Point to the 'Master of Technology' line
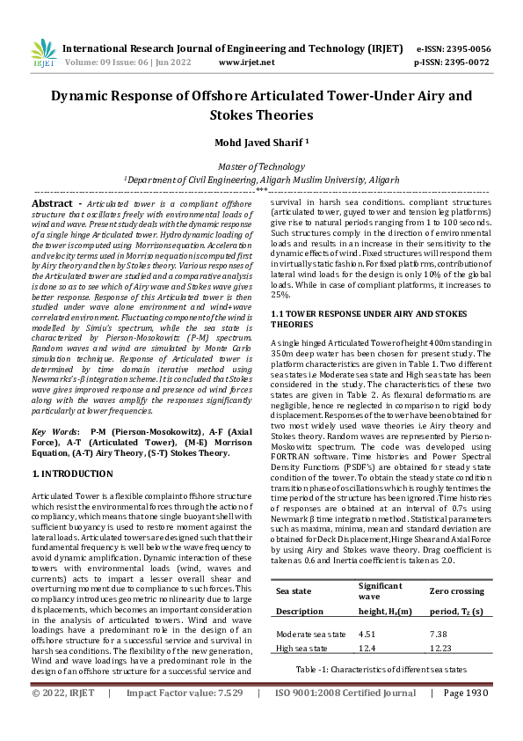click(261, 166)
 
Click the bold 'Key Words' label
click(52, 432)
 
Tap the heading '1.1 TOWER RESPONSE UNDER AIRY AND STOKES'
click(369, 313)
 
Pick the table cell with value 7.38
click(439, 634)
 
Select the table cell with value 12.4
click(368, 648)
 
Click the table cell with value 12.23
click(441, 648)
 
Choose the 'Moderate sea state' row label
click(310, 634)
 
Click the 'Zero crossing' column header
click(458, 591)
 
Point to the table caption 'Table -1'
click(381, 670)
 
